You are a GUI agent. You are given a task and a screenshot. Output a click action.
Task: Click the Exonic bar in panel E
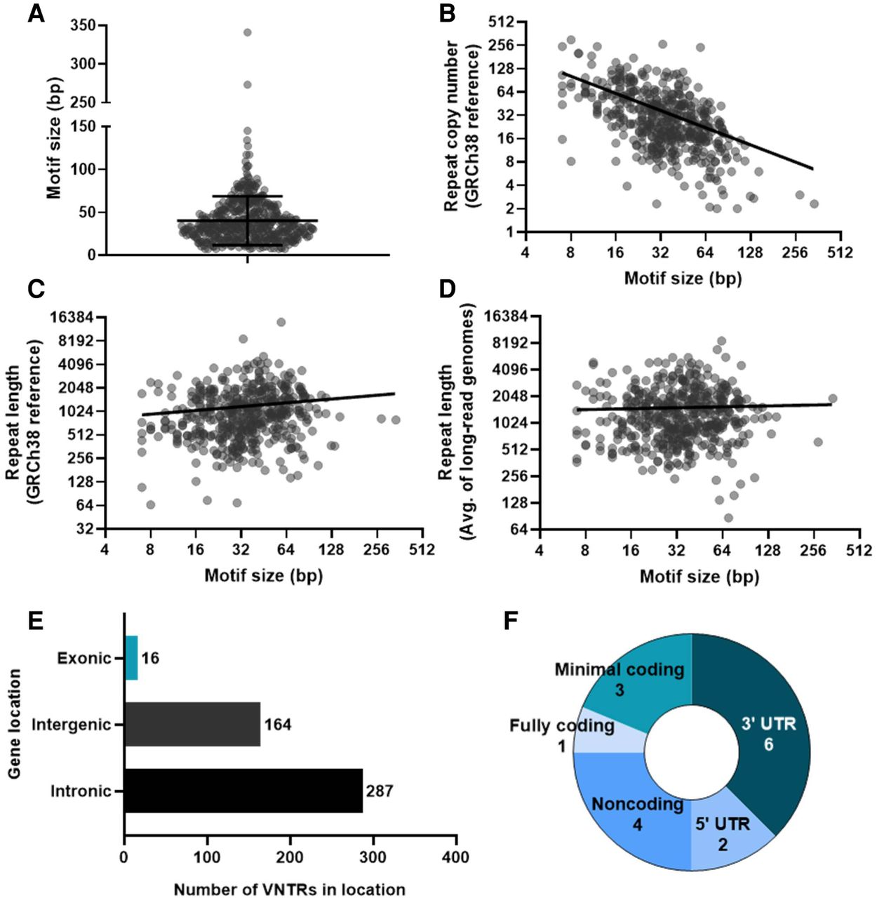131,658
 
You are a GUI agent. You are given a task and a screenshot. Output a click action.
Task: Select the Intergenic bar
192,724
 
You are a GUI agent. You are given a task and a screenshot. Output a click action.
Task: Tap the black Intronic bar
243,791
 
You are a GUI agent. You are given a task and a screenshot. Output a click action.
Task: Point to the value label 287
379,791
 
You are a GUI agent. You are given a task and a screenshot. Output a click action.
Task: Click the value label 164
277,725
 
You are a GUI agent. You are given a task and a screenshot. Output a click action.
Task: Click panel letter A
36,13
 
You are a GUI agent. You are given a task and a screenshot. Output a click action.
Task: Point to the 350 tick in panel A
84,26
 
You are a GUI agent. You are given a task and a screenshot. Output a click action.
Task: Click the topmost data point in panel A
247,32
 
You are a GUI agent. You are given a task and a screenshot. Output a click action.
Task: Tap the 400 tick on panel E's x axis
456,857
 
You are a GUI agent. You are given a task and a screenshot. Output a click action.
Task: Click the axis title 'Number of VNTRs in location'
290,889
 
